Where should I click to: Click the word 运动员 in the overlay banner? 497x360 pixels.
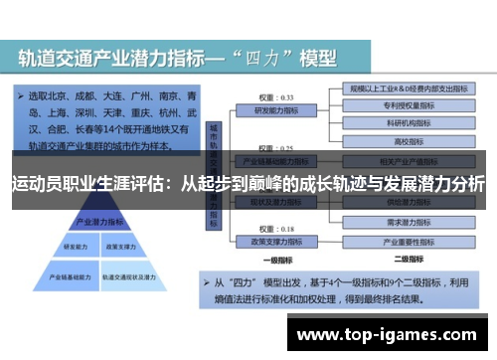click(34, 184)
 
